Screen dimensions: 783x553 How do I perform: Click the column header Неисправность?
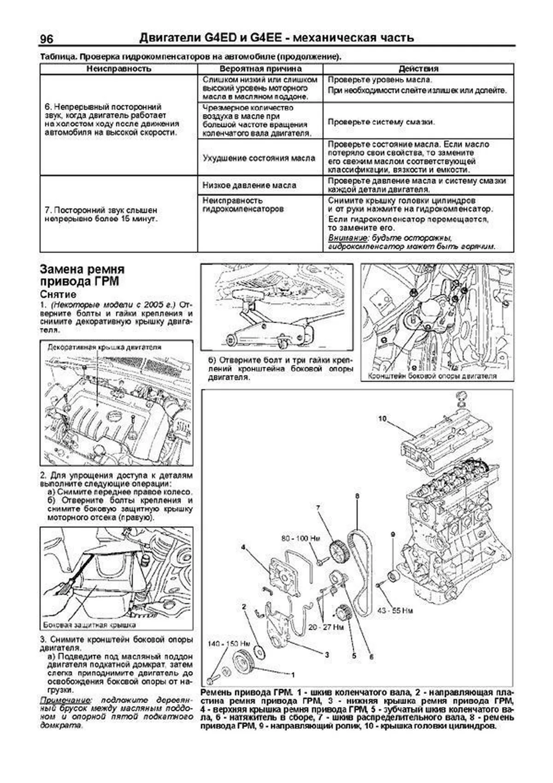point(119,69)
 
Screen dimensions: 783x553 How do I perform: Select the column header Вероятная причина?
point(260,69)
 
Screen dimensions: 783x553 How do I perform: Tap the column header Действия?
point(418,69)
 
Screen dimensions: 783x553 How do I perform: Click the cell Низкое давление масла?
point(249,185)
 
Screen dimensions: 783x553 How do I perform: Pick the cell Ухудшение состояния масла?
point(259,158)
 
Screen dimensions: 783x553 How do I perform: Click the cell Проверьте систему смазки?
point(381,122)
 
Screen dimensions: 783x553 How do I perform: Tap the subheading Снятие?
point(58,295)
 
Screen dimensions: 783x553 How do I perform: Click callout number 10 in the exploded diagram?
point(382,419)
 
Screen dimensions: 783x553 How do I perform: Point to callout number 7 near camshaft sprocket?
point(318,508)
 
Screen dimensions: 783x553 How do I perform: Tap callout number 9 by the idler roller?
point(393,534)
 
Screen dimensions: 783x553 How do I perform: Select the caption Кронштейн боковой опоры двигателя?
point(433,376)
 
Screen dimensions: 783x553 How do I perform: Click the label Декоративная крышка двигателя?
point(104,347)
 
